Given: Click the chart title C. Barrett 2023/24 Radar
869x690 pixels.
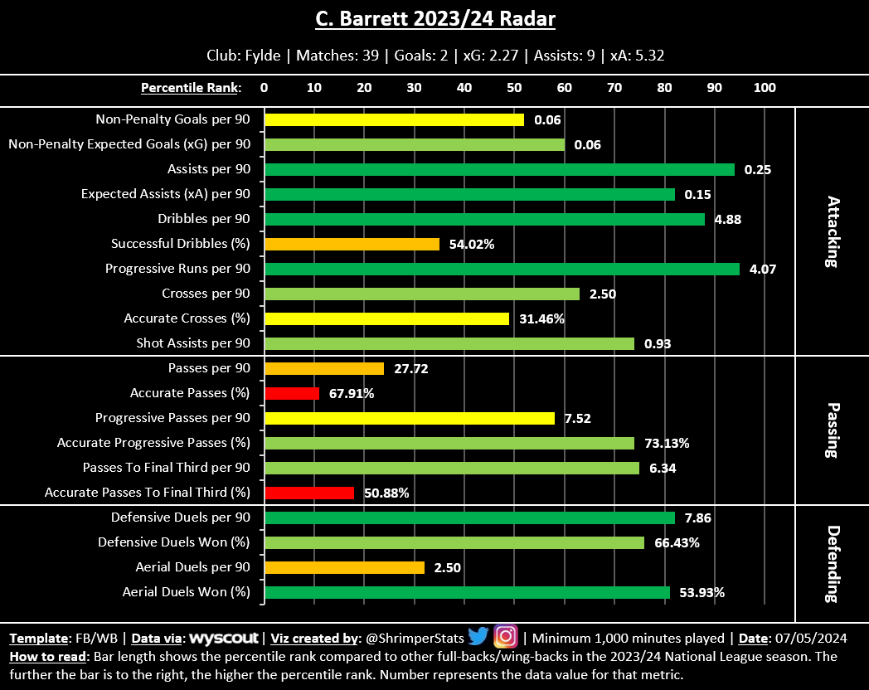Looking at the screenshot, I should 434,19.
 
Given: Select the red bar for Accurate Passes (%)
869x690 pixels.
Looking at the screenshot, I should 291,393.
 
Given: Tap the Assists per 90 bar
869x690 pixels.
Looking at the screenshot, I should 499,169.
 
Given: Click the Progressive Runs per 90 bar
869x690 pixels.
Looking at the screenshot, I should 502,269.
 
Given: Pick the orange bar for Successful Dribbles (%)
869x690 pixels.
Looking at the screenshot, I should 352,244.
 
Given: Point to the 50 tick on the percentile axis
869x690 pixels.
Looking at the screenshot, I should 514,87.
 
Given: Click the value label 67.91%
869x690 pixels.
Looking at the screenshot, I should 352,393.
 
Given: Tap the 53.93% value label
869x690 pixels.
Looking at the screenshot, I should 702,592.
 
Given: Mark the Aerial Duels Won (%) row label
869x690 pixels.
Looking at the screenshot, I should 186,592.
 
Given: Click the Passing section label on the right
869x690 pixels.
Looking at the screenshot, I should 833,430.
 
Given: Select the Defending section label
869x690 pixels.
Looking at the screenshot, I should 833,563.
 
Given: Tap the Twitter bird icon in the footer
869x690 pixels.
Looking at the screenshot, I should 478,637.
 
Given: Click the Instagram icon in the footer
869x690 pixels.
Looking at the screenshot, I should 506,637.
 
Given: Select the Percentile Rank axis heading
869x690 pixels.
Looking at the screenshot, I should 191,87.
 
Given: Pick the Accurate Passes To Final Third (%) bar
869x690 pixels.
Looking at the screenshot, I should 308,493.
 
